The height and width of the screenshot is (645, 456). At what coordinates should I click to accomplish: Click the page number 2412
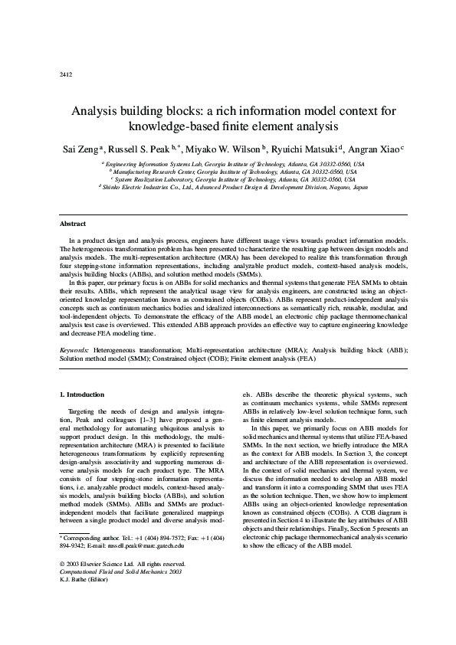pos(65,74)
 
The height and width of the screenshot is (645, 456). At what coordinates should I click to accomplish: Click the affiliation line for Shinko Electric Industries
pos(234,187)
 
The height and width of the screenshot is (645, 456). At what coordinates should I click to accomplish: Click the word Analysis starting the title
pos(97,110)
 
